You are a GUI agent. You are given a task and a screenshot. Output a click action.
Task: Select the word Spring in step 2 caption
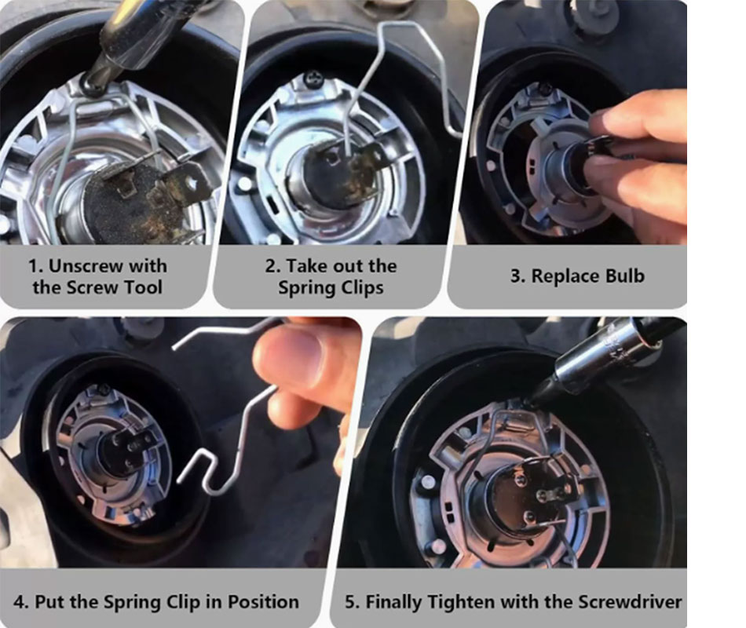coord(302,288)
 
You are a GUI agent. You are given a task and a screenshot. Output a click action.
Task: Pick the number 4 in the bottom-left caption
coord(19,602)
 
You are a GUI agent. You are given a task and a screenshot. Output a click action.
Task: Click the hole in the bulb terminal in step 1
coord(192,181)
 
